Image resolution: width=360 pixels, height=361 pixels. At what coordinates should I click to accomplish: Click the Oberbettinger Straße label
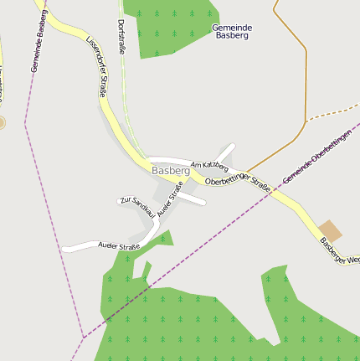[238, 185]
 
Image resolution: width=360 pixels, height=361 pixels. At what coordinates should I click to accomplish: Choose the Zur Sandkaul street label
[137, 206]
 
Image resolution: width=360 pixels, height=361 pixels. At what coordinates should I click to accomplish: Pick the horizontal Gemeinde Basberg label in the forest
[232, 32]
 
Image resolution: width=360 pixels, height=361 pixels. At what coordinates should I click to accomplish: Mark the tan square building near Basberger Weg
[330, 231]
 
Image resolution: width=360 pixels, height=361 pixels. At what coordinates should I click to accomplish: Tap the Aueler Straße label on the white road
[118, 247]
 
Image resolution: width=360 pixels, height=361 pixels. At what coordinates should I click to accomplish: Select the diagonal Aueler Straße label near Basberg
[169, 203]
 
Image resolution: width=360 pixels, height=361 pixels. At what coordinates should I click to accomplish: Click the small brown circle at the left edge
[2, 123]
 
